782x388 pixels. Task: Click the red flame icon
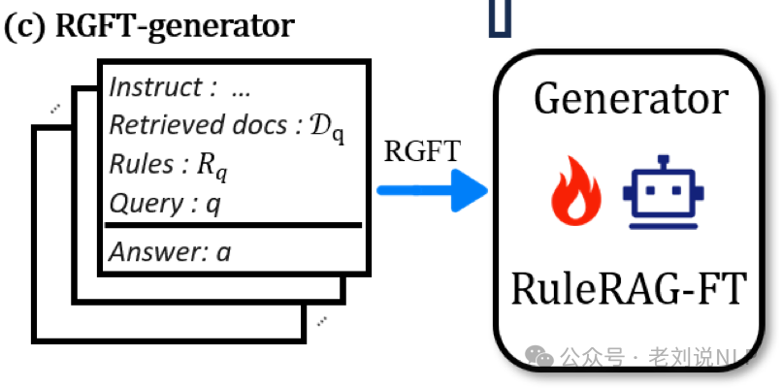[575, 189]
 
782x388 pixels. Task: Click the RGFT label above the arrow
[422, 152]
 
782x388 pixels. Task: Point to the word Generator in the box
[631, 99]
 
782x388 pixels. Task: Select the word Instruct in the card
[152, 87]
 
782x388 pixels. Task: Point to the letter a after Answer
[224, 253]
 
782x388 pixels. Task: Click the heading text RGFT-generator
[175, 25]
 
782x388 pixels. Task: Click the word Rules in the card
[137, 165]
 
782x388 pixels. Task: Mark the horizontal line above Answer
[233, 227]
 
